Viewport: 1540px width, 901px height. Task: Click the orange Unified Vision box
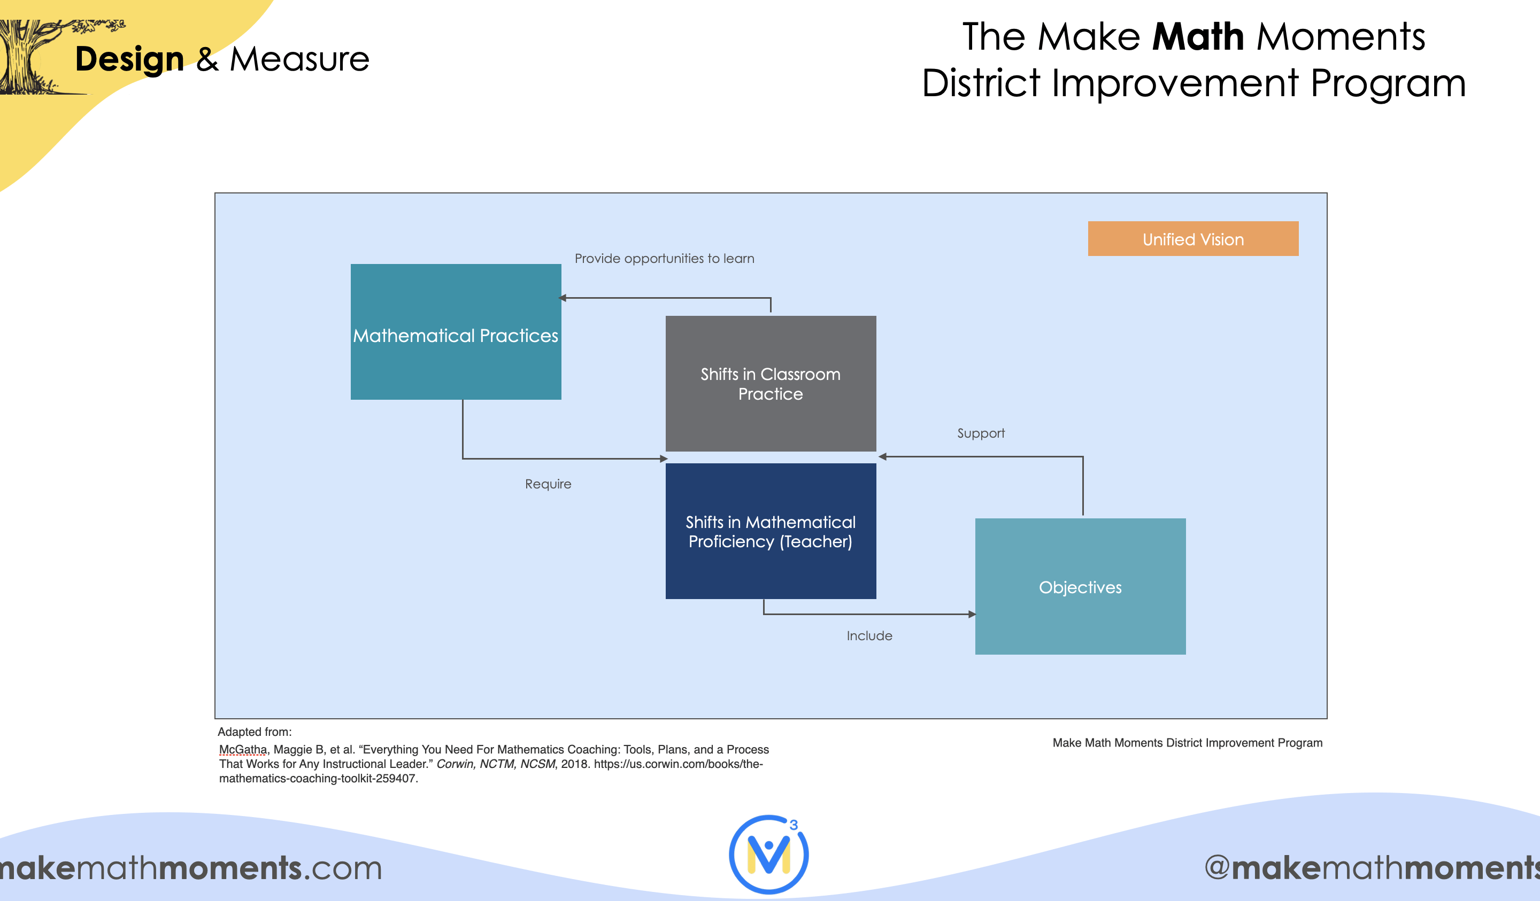(1193, 239)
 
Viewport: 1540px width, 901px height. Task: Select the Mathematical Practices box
(456, 332)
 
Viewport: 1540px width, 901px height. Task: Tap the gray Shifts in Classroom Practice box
(771, 384)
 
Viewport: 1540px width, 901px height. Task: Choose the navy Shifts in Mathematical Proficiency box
(771, 531)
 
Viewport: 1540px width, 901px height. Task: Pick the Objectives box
(1081, 586)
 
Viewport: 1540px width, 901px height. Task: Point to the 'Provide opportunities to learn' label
(664, 259)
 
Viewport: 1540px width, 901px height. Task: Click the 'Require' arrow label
(548, 484)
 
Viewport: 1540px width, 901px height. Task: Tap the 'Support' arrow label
(981, 433)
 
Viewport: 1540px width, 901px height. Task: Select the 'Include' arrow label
(869, 636)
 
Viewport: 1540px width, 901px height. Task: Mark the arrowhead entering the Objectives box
(972, 615)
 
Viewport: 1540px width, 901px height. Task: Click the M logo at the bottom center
(769, 854)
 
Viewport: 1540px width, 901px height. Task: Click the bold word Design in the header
(129, 60)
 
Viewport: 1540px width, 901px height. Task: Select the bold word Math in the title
(1198, 37)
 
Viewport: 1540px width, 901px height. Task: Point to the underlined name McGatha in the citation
(243, 750)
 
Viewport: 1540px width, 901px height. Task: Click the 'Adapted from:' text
(255, 732)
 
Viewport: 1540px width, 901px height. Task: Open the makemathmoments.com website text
(191, 868)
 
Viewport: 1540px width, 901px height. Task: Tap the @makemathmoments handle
(1372, 868)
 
